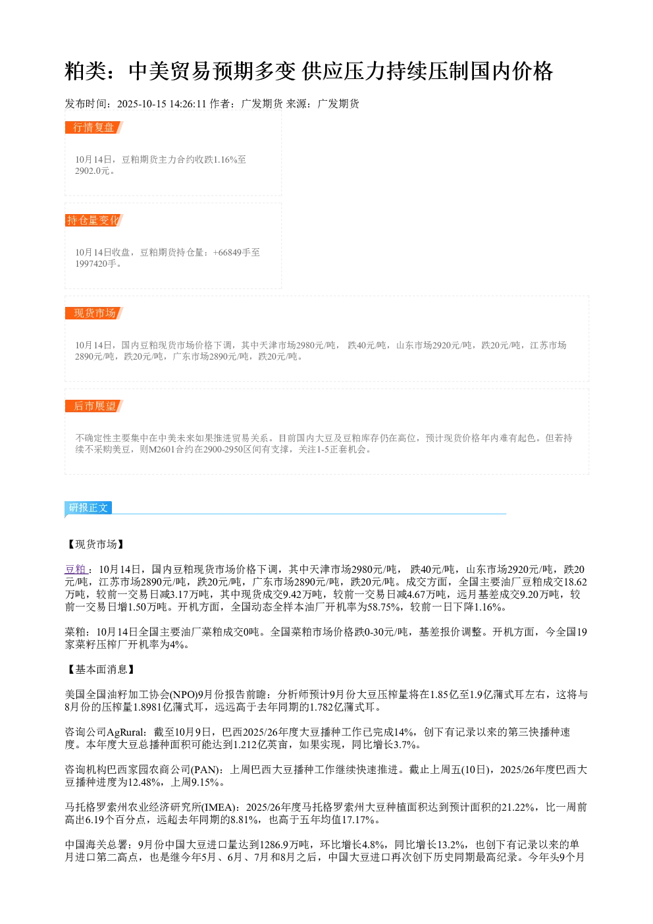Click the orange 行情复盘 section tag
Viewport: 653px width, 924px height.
94,128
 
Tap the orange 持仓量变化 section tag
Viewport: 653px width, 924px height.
94,220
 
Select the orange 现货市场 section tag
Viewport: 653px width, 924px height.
94,313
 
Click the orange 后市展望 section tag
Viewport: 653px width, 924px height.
94,406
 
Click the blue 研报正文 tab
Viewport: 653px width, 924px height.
88,507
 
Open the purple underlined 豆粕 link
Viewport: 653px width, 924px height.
76,569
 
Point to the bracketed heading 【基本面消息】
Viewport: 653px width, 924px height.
101,670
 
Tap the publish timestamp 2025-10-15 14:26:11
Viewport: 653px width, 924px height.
161,103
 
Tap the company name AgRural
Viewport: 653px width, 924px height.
126,732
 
